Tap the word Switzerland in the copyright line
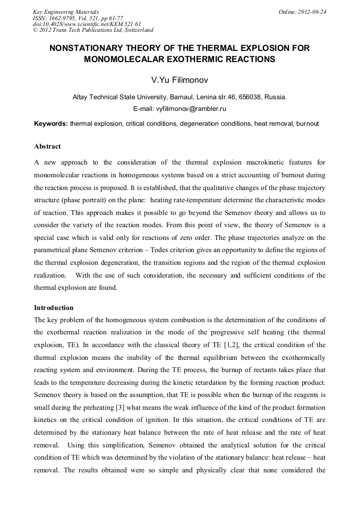[136, 30]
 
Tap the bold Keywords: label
[51, 124]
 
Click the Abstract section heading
[47, 146]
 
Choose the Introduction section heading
[54, 308]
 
